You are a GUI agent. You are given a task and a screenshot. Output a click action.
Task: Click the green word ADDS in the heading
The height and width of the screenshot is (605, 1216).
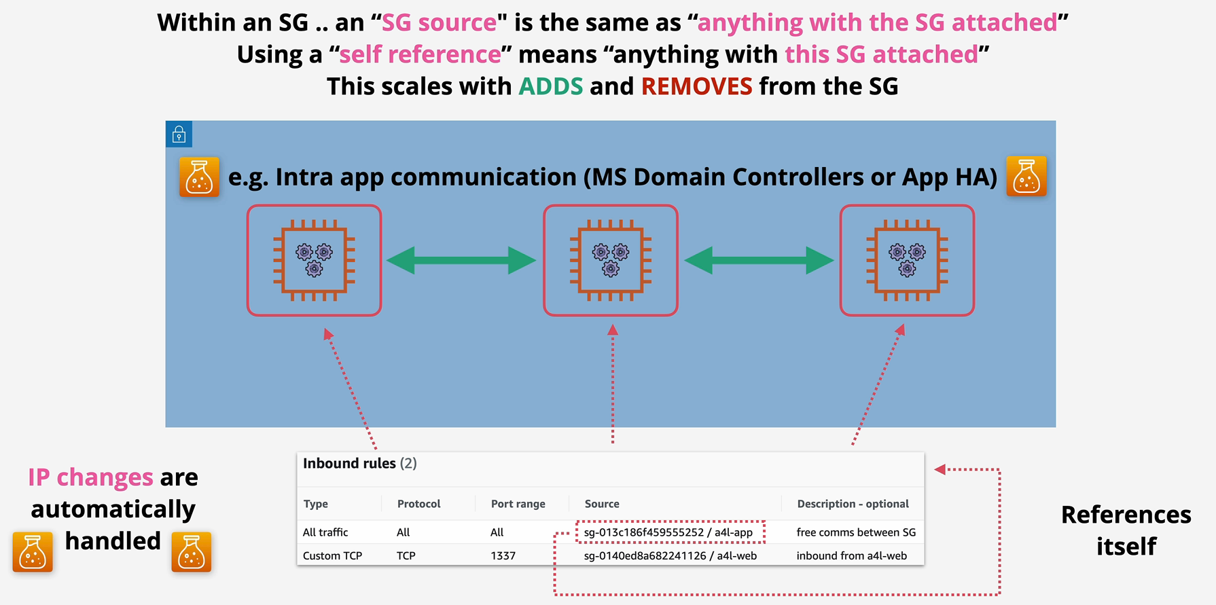point(551,86)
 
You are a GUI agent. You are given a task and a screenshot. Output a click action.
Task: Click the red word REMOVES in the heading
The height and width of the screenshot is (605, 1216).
point(696,86)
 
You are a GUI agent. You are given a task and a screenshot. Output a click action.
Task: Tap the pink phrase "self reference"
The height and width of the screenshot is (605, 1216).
point(420,54)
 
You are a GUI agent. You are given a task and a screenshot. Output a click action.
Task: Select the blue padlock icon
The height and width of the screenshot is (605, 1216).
point(179,134)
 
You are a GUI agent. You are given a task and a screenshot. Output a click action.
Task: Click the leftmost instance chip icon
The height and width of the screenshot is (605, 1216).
point(314,260)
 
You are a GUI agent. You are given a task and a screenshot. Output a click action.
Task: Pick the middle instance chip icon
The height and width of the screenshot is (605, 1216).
point(611,260)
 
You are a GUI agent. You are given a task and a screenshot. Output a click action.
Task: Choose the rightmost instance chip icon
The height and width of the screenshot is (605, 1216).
point(907,260)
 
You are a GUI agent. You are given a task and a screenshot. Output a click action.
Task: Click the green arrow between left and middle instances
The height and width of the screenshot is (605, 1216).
point(461,260)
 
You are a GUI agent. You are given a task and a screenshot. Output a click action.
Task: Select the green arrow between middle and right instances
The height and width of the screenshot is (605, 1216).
point(759,260)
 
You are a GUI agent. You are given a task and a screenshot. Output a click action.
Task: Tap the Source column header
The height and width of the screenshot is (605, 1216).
point(602,504)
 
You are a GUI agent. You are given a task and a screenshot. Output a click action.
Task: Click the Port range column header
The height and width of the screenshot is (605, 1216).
point(518,504)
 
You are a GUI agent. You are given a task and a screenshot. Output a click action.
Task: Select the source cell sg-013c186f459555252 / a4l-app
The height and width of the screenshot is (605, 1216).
point(668,532)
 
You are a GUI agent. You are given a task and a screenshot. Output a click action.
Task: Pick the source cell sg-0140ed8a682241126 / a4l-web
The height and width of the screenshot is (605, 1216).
point(670,555)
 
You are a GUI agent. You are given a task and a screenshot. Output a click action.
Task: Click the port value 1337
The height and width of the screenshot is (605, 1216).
point(503,555)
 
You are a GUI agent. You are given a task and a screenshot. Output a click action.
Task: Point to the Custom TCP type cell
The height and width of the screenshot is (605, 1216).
point(332,555)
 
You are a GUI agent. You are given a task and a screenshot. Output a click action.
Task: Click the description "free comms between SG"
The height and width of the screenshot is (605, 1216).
point(856,532)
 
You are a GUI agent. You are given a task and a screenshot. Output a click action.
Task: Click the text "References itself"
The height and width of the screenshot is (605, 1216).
point(1126,530)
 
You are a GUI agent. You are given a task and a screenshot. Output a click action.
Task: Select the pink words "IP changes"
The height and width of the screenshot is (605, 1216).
point(90,477)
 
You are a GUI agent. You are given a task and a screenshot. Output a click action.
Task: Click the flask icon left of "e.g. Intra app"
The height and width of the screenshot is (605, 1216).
point(199,177)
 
